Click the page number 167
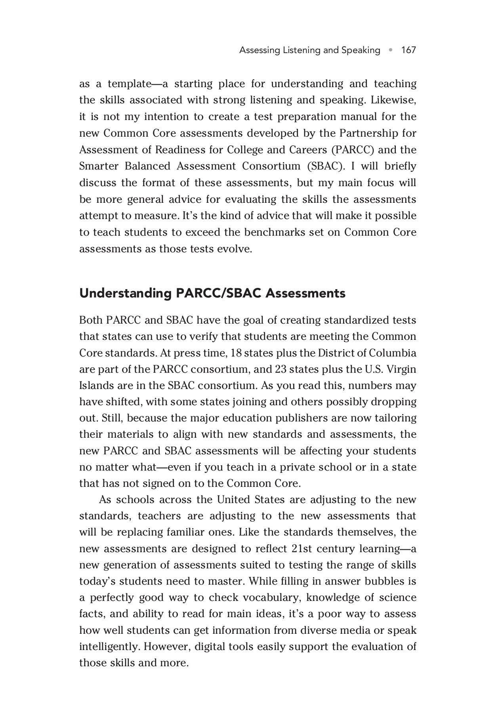pyautogui.click(x=408, y=50)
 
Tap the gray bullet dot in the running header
pyautogui.click(x=391, y=50)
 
